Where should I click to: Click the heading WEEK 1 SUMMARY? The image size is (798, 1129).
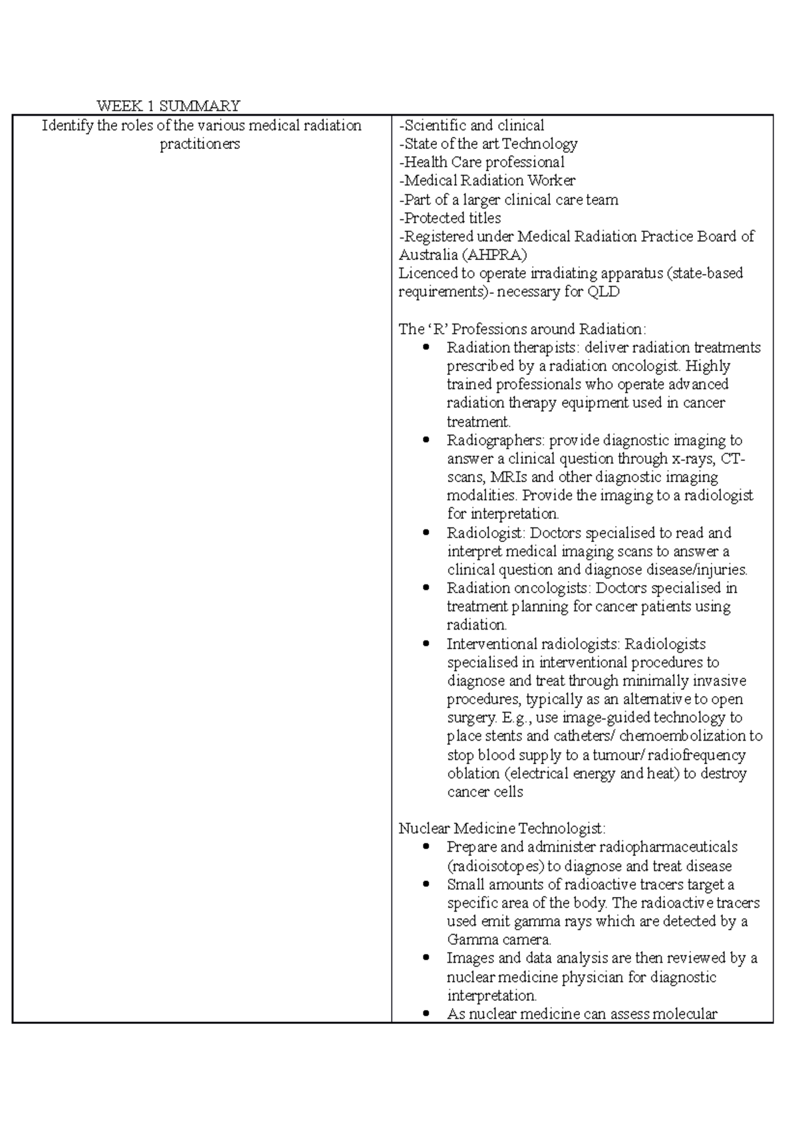(x=168, y=106)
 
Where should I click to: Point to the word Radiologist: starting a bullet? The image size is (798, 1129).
(x=487, y=533)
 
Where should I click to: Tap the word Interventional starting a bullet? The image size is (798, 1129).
(x=491, y=644)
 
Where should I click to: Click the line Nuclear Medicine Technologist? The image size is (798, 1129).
(x=502, y=828)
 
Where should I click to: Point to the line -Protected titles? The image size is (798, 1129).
(x=450, y=218)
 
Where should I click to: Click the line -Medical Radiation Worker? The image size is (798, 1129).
(x=487, y=180)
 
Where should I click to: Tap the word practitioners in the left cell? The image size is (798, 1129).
(x=199, y=144)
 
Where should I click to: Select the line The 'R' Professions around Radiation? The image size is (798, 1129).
(x=522, y=329)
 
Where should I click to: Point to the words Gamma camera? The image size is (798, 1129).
(x=499, y=940)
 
